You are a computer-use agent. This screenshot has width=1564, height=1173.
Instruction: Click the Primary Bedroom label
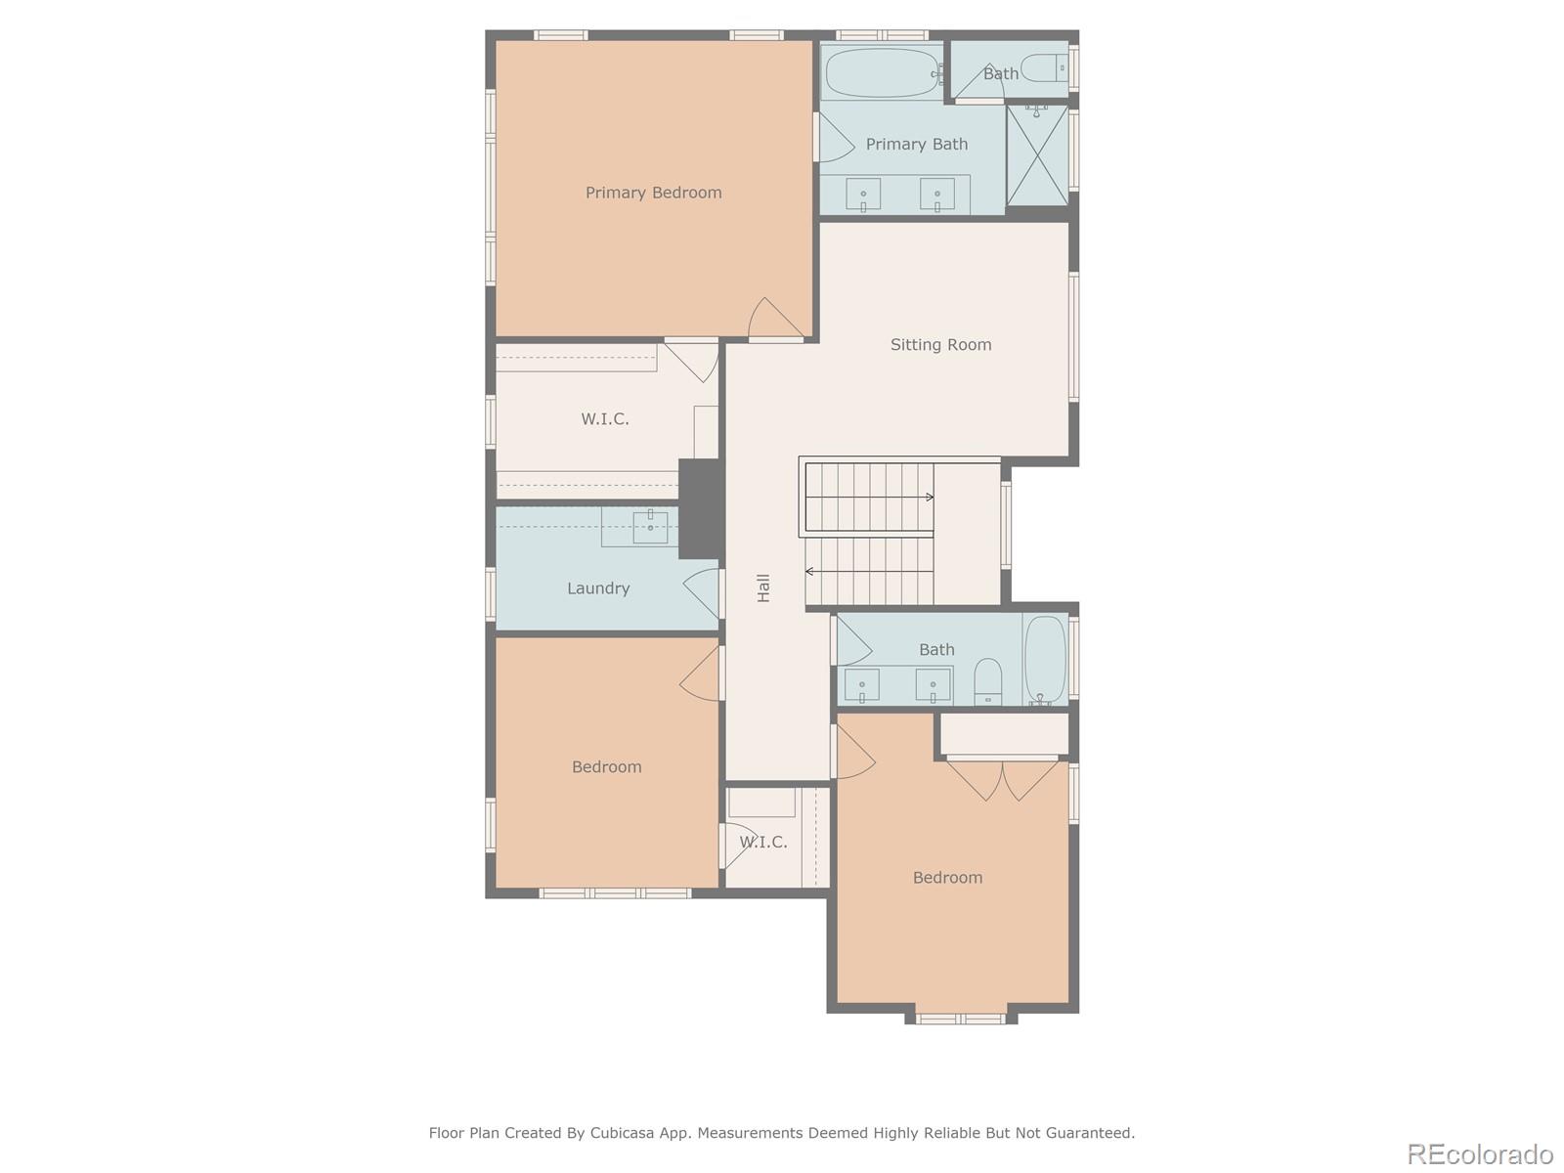tap(653, 193)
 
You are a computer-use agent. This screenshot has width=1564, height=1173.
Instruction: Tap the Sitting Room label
tap(940, 344)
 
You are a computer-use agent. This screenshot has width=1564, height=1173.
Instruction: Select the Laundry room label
tap(597, 587)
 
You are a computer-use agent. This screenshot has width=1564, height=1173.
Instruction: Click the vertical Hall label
tap(763, 587)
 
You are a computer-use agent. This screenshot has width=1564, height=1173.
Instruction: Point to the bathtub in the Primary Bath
tap(882, 73)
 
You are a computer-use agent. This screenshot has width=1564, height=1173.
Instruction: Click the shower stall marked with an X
tap(1037, 154)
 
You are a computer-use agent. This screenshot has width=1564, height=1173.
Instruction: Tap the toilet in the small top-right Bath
tap(1048, 67)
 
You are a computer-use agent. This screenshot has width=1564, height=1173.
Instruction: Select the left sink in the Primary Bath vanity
tap(863, 194)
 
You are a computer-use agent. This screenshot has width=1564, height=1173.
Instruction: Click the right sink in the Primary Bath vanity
tap(936, 194)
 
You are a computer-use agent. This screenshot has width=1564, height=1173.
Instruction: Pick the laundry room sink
tap(650, 528)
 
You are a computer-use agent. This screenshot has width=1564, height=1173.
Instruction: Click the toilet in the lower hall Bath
tap(988, 681)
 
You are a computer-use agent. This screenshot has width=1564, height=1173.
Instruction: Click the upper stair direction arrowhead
tap(930, 498)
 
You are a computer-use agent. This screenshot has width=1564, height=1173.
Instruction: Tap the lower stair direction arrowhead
tap(809, 571)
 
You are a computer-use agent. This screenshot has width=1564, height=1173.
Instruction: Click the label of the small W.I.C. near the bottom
tap(763, 842)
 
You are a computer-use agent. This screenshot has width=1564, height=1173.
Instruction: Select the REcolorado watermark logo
tap(1479, 1154)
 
